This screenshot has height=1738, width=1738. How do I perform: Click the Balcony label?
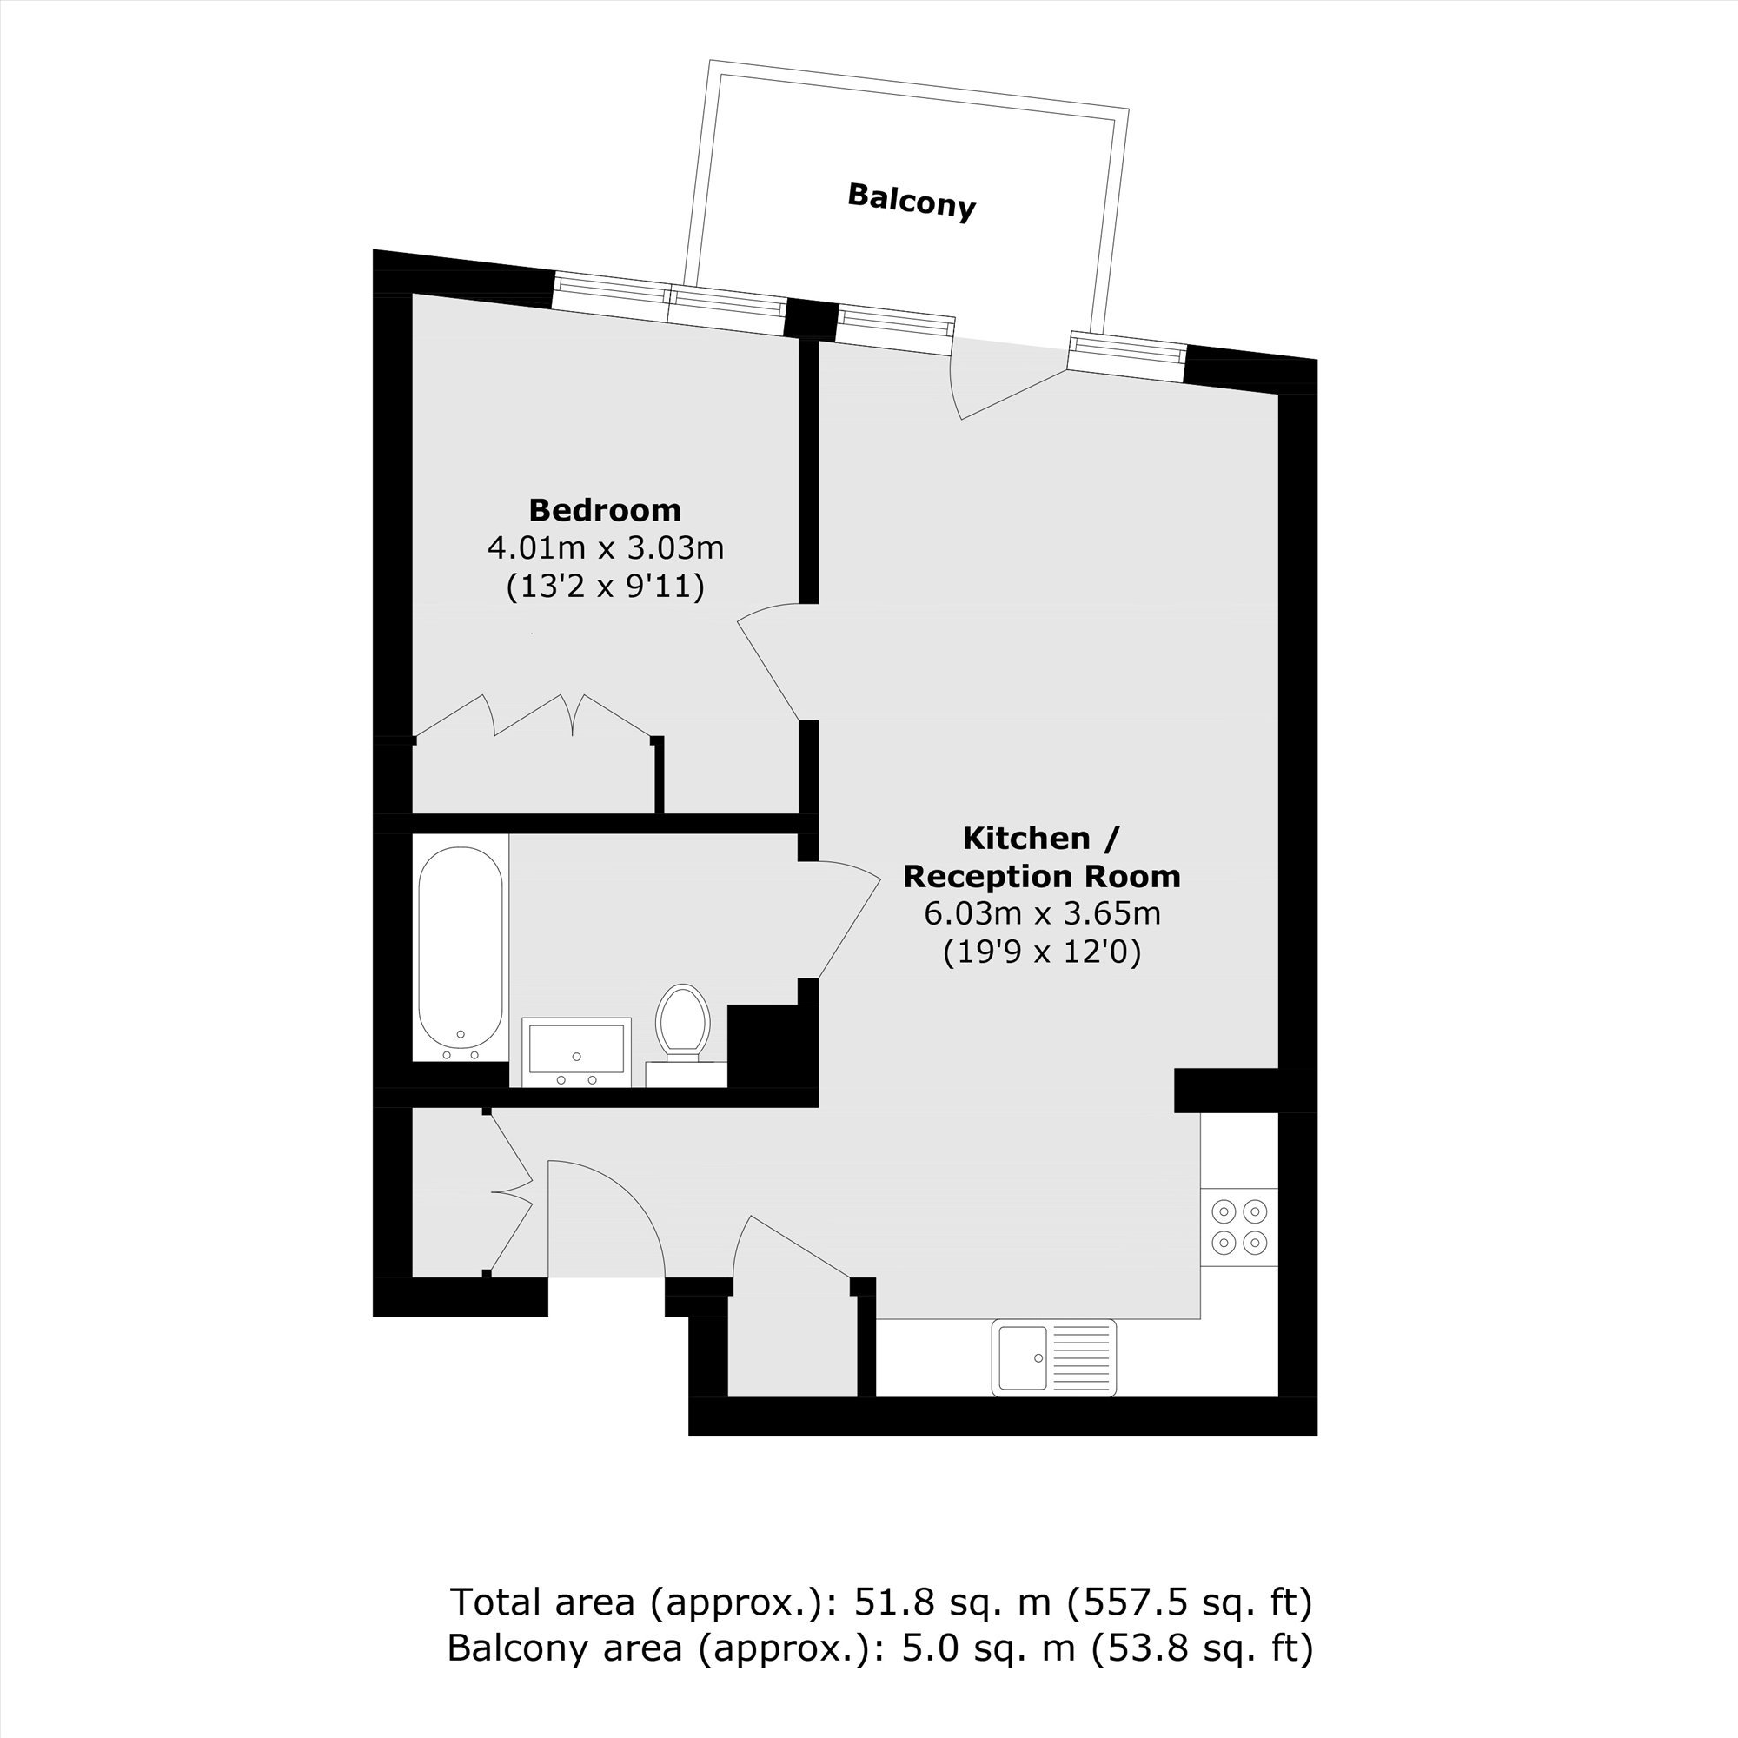pyautogui.click(x=912, y=202)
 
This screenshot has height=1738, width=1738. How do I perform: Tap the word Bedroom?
pyautogui.click(x=605, y=510)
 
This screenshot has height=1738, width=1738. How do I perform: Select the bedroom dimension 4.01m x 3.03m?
pyautogui.click(x=606, y=547)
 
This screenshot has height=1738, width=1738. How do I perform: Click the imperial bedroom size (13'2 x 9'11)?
pyautogui.click(x=606, y=587)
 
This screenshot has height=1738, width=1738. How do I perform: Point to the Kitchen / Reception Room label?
pyautogui.click(x=1042, y=857)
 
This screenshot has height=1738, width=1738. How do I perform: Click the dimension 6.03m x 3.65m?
pyautogui.click(x=1043, y=914)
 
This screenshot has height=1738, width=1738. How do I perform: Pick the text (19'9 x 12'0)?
pyautogui.click(x=1043, y=952)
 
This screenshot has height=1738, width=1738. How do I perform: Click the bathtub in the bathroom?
pyautogui.click(x=461, y=954)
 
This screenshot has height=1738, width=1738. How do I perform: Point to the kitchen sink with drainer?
pyautogui.click(x=1053, y=1357)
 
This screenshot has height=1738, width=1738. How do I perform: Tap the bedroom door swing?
pyautogui.click(x=770, y=661)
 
